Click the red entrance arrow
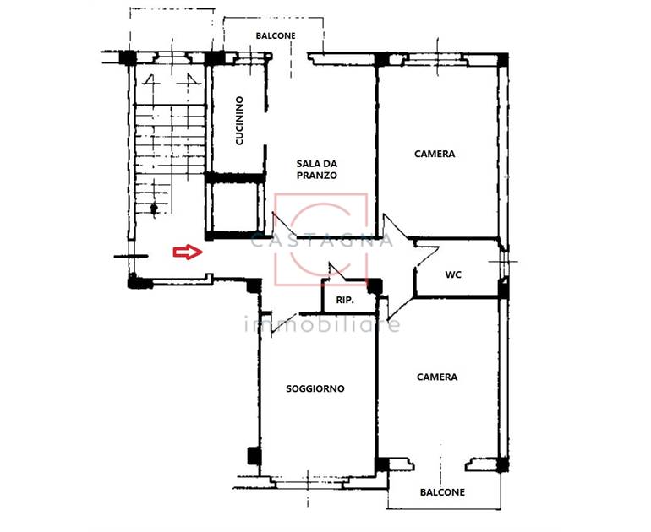tap(188, 252)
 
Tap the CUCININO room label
tap(239, 121)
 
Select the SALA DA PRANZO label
tap(316, 169)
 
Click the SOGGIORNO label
tap(315, 388)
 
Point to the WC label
tap(453, 274)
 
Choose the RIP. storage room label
tap(345, 300)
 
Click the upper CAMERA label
tap(435, 154)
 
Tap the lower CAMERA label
tap(437, 377)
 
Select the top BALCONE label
tap(276, 35)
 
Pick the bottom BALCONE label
tap(442, 492)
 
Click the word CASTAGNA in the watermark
tap(322, 240)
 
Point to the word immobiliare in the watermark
tap(322, 323)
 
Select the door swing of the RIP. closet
tap(337, 271)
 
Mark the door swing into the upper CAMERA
tap(396, 226)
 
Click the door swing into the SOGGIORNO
tap(283, 324)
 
